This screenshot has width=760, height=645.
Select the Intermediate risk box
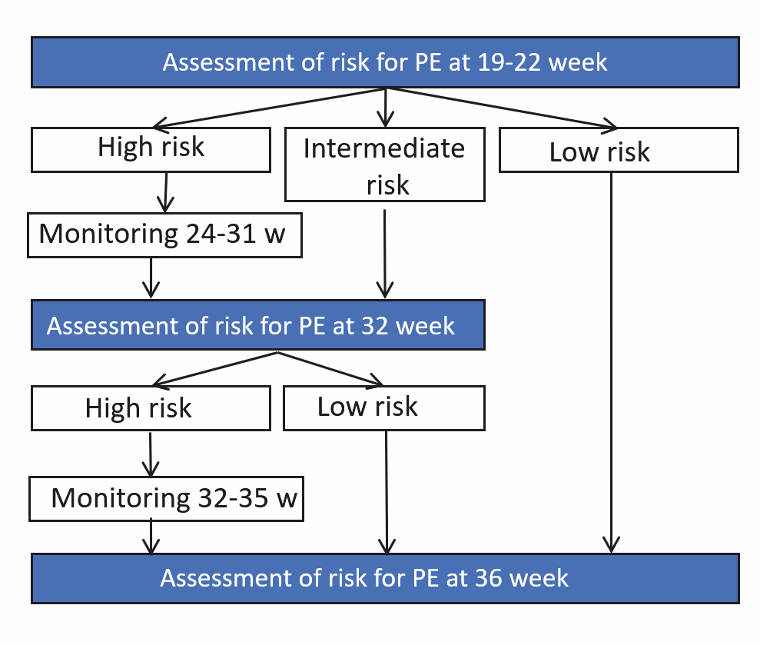(385, 165)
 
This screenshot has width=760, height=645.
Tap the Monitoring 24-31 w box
(164, 234)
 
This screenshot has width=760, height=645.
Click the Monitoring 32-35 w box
(166, 499)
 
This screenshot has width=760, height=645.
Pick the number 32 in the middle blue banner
(375, 325)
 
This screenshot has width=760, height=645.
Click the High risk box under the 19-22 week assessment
(151, 150)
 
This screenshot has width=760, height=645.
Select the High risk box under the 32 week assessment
(151, 408)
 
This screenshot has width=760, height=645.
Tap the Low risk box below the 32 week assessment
(384, 408)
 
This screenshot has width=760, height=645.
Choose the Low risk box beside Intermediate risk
(619, 150)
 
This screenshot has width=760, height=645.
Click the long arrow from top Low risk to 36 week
(611, 363)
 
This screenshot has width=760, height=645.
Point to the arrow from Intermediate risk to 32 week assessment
(385, 254)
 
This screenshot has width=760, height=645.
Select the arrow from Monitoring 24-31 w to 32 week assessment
(151, 278)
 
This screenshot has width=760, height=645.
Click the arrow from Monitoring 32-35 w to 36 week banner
(151, 537)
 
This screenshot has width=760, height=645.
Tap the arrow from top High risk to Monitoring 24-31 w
(166, 192)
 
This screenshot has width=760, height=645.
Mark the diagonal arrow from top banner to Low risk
(502, 108)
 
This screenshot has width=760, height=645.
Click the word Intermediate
(384, 148)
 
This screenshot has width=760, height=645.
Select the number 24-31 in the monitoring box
(221, 234)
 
